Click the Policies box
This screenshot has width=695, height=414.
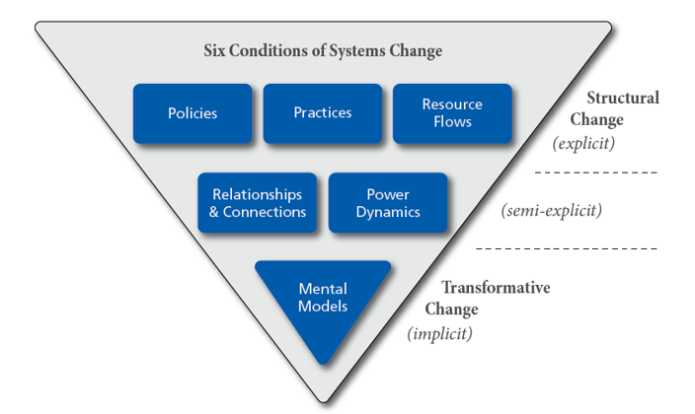pos(193,113)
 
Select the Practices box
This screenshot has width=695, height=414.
pos(323,113)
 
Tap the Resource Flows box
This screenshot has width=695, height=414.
pos(452,113)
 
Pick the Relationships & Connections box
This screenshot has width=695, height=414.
pos(257,203)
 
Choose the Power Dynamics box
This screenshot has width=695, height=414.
pos(388,203)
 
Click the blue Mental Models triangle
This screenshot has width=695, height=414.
pos(323,301)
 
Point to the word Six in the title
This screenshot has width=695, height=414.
pos(214,50)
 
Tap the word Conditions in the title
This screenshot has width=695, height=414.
pos(270,50)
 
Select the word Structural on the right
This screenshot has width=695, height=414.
pos(623,98)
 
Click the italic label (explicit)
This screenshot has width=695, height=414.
pos(583,143)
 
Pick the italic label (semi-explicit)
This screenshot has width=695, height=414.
pos(552,210)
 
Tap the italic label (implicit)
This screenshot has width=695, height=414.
pos(439,333)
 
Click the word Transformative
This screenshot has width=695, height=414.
pos(496,288)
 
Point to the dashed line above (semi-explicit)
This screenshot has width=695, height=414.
pos(595,172)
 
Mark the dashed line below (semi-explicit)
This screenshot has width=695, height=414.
pos(567,248)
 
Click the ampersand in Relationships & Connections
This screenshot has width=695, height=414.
pos(213,212)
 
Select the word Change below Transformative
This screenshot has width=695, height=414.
pos(451,310)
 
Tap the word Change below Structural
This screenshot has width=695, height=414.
pos(596,120)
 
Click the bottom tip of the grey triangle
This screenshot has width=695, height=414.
pos(324,401)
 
